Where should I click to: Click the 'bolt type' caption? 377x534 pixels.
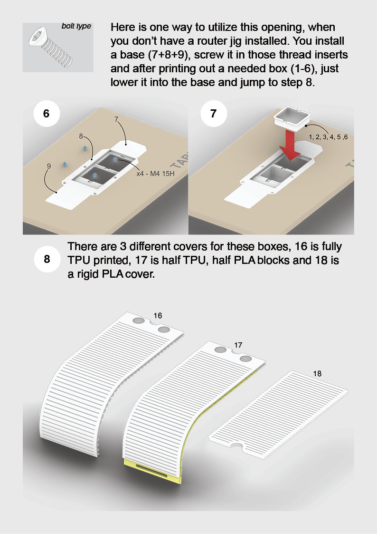point(76,26)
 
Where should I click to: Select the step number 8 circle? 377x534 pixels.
point(47,260)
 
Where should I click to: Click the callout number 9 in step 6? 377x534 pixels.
point(48,166)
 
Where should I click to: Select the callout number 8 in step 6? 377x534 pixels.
point(81,136)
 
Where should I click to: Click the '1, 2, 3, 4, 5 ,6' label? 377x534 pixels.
point(328,137)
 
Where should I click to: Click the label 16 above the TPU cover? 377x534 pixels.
point(158,315)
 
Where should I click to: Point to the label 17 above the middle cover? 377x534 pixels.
point(238,345)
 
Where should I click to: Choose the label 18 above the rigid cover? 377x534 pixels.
point(317,374)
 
